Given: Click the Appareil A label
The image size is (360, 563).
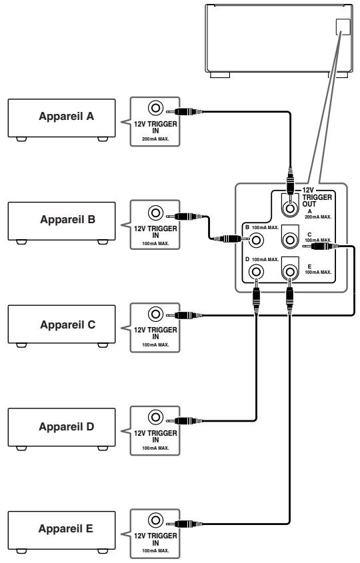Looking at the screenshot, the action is (67, 117).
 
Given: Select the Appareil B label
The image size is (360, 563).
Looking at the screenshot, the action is (67, 219).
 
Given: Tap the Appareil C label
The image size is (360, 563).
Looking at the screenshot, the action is (67, 324).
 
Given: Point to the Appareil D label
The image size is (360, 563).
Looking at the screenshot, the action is (67, 426).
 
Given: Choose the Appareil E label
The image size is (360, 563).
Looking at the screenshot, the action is (66, 528).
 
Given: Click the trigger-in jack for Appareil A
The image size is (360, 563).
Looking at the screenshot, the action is (155, 108).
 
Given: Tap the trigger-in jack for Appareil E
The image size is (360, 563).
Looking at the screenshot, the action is (155, 520).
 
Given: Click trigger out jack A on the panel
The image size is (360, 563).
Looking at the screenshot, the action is (290, 208).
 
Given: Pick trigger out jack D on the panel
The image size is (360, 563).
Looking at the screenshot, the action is (256, 272).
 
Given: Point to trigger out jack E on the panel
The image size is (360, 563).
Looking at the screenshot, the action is (290, 272).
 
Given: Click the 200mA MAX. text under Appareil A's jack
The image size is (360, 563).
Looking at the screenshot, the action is (155, 139).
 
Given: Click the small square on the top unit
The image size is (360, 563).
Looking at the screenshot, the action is (343, 27).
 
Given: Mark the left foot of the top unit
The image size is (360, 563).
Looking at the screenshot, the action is (220, 75).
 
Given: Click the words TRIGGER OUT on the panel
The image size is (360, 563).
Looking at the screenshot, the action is (317, 201).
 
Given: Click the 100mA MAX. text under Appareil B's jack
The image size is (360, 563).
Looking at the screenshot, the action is (155, 243).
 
